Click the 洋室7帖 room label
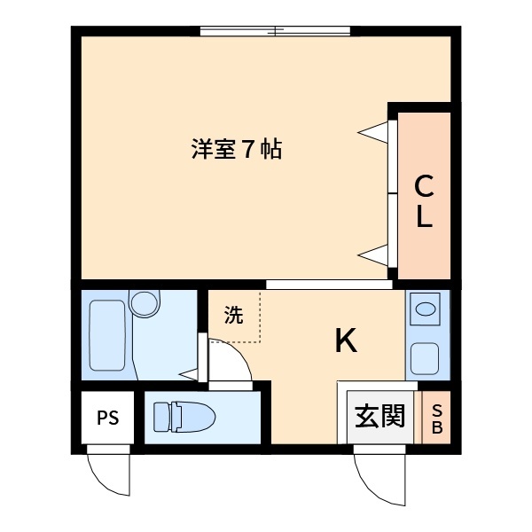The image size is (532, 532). (x=237, y=149)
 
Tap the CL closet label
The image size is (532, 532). (x=425, y=201)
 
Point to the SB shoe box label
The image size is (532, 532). (x=436, y=418)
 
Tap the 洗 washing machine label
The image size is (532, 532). (x=232, y=316)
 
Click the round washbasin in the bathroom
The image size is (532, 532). (x=143, y=304)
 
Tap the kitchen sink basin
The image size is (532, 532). (x=426, y=310)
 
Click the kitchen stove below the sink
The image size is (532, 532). (x=426, y=358)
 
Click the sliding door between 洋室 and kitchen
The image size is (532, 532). (x=328, y=285)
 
